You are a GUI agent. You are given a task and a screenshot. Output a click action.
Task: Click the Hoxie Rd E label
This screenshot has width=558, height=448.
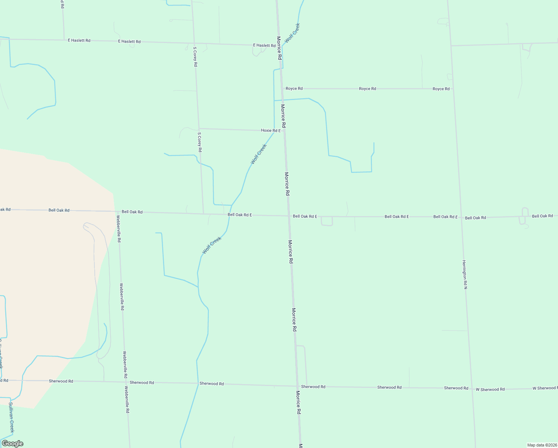pyautogui.click(x=271, y=131)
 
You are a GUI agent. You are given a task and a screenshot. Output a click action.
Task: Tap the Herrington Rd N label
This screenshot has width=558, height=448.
pyautogui.click(x=465, y=274)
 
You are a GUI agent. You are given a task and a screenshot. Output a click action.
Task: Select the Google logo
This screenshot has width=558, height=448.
pyautogui.click(x=13, y=444)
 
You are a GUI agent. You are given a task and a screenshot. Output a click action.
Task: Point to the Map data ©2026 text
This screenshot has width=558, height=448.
pyautogui.click(x=541, y=445)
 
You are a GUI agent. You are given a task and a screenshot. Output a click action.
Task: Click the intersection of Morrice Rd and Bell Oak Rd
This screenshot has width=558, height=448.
pyautogui.click(x=288, y=216)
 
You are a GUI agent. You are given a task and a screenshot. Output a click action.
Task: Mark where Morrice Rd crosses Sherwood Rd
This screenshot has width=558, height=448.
pyautogui.click(x=297, y=386)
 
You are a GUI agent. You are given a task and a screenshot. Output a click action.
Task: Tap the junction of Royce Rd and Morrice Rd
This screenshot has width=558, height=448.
pyautogui.click(x=281, y=88)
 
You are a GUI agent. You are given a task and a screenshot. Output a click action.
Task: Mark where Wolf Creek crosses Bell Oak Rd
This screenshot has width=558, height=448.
pyautogui.click(x=229, y=214)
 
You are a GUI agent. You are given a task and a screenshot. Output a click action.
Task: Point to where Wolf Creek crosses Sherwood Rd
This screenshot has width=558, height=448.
pyautogui.click(x=198, y=383)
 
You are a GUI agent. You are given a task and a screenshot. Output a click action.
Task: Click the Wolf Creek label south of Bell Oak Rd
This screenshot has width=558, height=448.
pyautogui.click(x=212, y=245)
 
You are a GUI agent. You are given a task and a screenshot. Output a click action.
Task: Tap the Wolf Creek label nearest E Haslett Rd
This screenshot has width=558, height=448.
pyautogui.click(x=292, y=33)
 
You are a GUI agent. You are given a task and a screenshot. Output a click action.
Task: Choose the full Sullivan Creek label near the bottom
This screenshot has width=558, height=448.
pyautogui.click(x=12, y=417)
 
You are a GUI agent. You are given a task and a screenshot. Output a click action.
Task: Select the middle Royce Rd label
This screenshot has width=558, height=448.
pyautogui.click(x=367, y=89)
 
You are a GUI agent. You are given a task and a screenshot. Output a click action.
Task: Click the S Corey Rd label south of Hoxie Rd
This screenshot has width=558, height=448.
pyautogui.click(x=200, y=142)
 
